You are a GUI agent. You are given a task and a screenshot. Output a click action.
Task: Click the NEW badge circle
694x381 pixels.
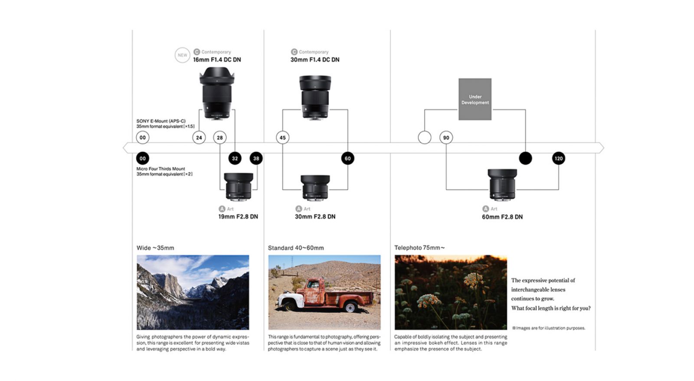click(x=182, y=55)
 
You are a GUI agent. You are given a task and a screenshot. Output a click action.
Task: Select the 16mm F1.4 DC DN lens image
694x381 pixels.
click(x=217, y=93)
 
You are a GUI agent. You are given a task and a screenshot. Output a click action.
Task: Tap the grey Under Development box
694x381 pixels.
click(x=475, y=99)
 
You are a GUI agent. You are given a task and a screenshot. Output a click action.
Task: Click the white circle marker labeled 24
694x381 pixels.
click(x=199, y=138)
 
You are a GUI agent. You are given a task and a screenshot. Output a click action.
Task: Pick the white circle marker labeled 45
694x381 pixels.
click(x=282, y=138)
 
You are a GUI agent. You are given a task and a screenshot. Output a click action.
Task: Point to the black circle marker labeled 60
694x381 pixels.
click(x=347, y=159)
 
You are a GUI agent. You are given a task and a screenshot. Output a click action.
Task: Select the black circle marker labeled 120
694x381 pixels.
click(x=558, y=159)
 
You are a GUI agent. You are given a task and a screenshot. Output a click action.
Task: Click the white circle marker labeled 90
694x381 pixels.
click(x=446, y=138)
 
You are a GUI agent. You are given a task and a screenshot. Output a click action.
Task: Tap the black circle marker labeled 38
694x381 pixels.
click(x=256, y=159)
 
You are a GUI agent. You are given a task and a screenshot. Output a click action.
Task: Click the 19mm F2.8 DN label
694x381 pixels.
click(x=238, y=216)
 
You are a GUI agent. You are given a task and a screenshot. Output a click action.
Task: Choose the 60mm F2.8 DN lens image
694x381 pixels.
click(x=502, y=185)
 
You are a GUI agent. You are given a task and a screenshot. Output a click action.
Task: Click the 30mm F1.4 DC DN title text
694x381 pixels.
click(x=315, y=60)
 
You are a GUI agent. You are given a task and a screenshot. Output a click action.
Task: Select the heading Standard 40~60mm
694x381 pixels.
click(x=296, y=248)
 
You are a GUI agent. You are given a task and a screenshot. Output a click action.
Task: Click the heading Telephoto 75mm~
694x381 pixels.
click(x=419, y=248)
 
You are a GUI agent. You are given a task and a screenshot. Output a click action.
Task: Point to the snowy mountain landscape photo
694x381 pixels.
click(x=193, y=292)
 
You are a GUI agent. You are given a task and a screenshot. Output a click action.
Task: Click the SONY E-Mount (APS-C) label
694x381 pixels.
click(x=161, y=121)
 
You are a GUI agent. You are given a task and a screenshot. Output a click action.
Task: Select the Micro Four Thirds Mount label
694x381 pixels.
click(x=160, y=169)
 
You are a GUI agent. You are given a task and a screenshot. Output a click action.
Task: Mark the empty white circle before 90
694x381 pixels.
click(x=424, y=138)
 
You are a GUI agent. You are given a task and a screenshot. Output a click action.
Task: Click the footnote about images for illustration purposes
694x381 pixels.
click(x=549, y=328)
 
